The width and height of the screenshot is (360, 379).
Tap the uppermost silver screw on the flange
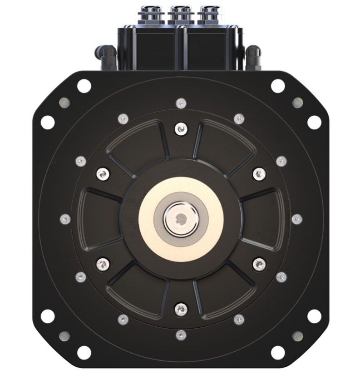coord(181,103)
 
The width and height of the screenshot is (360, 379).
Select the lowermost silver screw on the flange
coord(181,335)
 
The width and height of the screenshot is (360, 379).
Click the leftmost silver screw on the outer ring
coord(65,219)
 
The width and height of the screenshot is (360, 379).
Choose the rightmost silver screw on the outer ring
coord(296,219)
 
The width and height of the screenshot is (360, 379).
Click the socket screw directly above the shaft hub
coord(181,129)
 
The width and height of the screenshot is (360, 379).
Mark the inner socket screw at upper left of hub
coord(103,173)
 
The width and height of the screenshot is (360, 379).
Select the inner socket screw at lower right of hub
coord(259,263)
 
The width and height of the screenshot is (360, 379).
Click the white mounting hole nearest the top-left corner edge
coord(84,86)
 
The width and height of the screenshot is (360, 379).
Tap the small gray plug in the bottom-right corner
coord(297,336)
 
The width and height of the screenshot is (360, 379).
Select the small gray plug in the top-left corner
coord(64,102)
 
